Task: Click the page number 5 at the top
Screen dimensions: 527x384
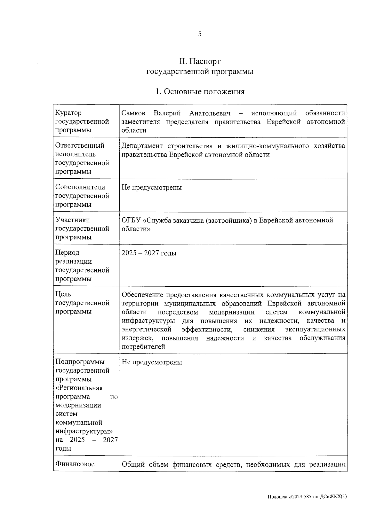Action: point(200,34)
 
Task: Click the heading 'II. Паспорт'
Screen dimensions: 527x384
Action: point(200,61)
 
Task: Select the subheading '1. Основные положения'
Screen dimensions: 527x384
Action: point(200,92)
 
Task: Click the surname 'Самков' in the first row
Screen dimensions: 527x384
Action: point(133,113)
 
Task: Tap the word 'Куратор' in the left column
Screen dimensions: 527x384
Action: point(68,113)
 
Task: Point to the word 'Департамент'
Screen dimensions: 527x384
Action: point(140,146)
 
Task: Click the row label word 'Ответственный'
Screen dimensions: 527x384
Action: point(80,145)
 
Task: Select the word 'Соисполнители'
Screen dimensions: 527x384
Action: point(80,187)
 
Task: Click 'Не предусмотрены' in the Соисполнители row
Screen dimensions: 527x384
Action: point(152,188)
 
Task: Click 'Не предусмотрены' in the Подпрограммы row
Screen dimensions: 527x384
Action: point(152,362)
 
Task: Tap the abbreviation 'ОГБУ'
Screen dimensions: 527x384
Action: point(131,220)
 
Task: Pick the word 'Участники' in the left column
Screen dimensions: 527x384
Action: point(73,220)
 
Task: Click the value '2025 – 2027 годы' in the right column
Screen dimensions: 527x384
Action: point(149,253)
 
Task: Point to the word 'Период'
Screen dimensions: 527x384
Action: point(67,252)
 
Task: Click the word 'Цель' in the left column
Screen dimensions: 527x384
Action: point(63,294)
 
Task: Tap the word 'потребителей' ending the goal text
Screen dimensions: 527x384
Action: point(143,346)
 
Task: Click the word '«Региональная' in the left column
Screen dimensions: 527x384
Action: point(79,388)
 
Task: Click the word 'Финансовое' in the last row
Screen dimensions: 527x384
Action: point(75,464)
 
